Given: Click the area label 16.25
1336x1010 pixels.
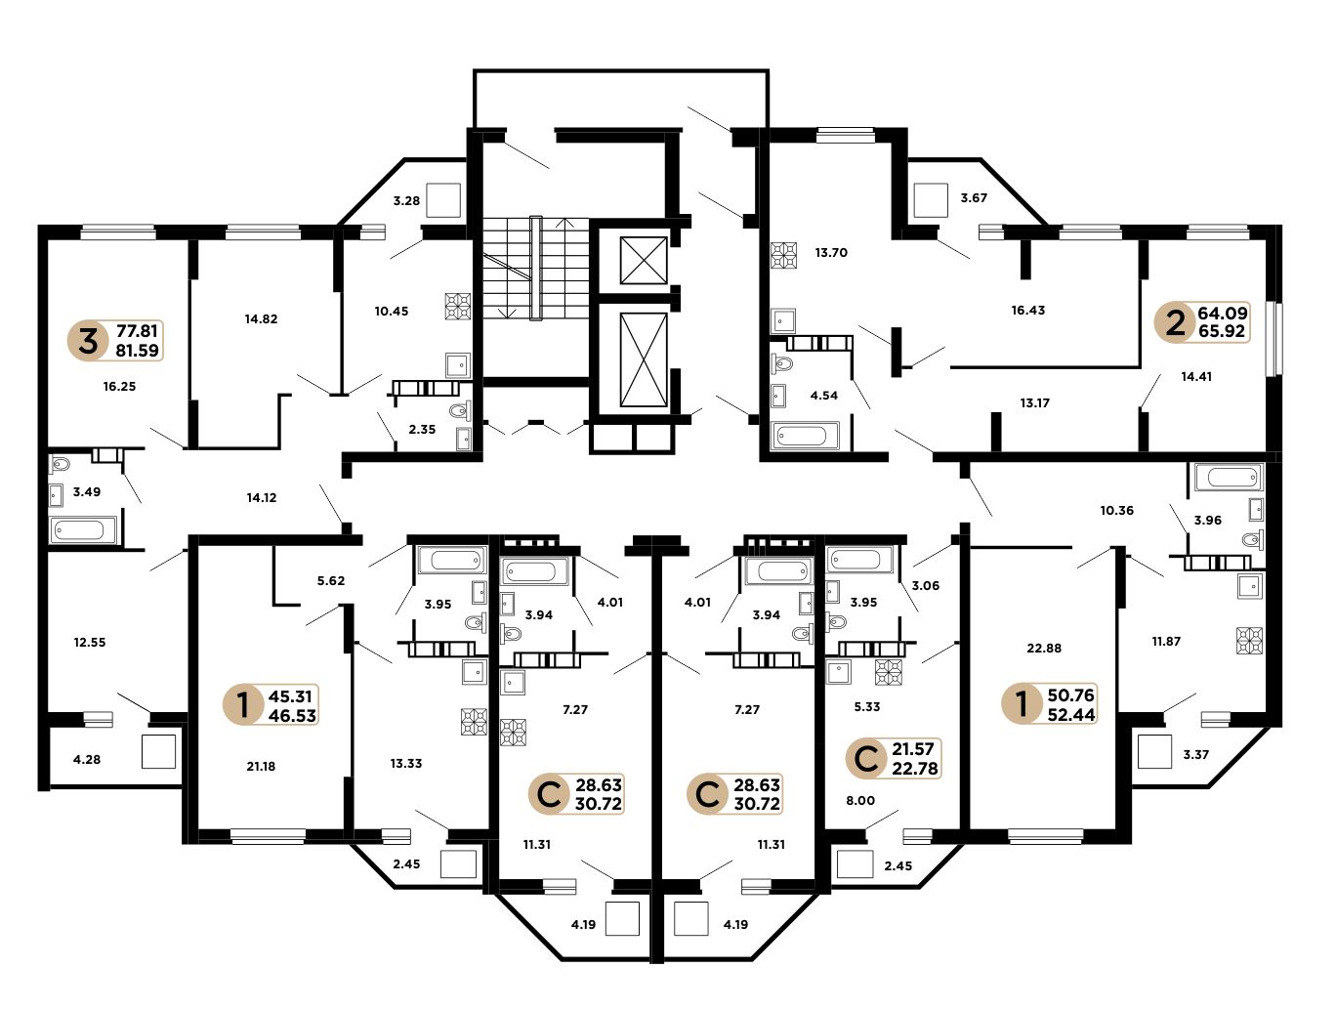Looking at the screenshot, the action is pos(119,386).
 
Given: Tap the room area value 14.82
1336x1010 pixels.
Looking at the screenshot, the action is pos(261,318).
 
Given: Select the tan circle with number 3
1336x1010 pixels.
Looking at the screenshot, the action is pos(88,340).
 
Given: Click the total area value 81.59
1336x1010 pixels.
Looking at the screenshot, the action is pos(138,350).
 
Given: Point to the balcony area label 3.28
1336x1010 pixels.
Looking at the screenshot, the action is pos(406,200).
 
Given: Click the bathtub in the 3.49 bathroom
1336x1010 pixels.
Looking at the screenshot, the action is pos(83,530).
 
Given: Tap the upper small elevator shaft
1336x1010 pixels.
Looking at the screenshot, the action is pos(644,260).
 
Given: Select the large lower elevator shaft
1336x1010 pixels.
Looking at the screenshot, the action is pos(644,359).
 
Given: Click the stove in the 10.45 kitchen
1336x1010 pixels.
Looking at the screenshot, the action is pos(458,307).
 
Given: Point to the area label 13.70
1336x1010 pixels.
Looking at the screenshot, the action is pos(831,252).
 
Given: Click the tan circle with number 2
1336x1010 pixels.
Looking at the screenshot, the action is pos(1174,322).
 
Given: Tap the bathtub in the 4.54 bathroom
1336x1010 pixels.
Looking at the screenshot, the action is pos(805,436).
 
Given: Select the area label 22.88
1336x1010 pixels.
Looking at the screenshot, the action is pos(1044,648).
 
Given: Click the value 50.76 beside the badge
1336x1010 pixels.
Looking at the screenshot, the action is pos(1070,694).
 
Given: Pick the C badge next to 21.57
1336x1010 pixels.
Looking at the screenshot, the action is pos(866,759).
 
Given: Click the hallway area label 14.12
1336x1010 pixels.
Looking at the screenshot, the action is pos(262,497).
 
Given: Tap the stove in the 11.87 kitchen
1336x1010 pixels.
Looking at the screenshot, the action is pos(1250,641).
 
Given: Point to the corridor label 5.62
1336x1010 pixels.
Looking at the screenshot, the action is pos(330,580).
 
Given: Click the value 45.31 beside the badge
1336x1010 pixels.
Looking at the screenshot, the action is pos(290,695).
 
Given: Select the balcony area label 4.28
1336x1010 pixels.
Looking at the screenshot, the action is pos(87,759).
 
